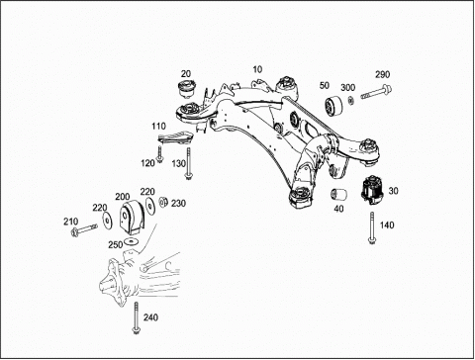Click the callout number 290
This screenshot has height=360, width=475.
click(382, 75)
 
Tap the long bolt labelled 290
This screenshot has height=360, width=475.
click(376, 92)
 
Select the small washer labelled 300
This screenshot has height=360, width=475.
click(350, 100)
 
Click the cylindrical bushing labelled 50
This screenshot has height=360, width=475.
click(332, 106)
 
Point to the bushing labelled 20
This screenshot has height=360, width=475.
click(186, 88)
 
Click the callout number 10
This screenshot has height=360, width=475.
click(257, 69)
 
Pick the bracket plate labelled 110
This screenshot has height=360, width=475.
click(175, 137)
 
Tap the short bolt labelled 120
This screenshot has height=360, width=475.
click(160, 154)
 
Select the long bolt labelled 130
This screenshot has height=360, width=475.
click(188, 163)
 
